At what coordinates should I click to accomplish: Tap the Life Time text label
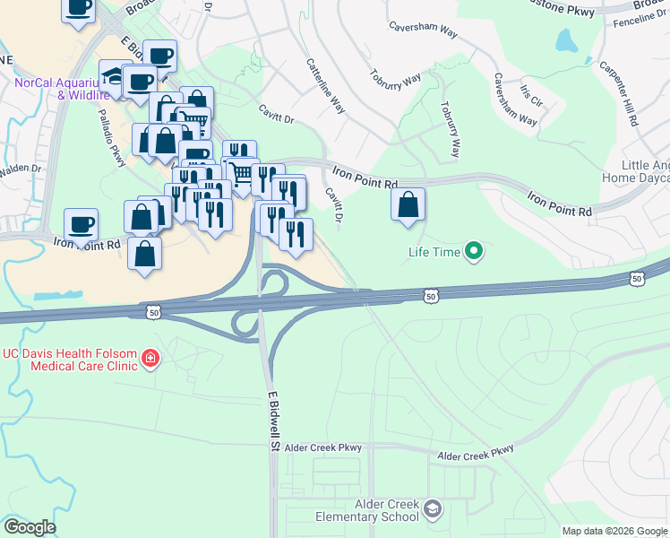tap(434, 253)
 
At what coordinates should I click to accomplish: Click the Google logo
tap(30, 527)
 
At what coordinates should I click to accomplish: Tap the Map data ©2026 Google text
tap(615, 531)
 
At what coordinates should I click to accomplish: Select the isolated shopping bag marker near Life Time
tap(408, 204)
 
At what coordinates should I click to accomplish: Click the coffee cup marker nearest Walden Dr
tap(81, 224)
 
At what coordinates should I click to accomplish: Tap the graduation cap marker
tap(114, 75)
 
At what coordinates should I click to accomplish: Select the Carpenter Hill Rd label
tap(619, 93)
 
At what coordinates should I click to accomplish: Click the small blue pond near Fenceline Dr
tap(566, 40)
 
